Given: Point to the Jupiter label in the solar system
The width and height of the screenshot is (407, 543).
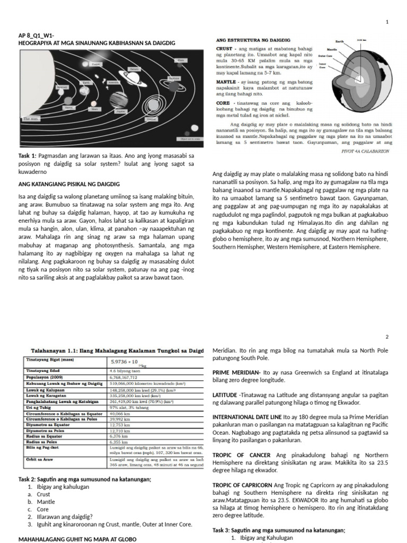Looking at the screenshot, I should click(121, 111).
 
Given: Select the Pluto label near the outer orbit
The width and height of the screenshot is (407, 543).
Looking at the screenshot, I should click(181, 60).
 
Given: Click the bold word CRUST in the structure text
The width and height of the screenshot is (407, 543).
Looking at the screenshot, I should click(224, 48).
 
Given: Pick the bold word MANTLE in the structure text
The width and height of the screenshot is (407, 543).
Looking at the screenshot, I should click(226, 83).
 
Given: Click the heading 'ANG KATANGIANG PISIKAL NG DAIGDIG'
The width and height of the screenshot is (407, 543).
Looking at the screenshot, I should click(69, 184).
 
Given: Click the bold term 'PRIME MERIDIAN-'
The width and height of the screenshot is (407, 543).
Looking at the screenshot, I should click(236, 373).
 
